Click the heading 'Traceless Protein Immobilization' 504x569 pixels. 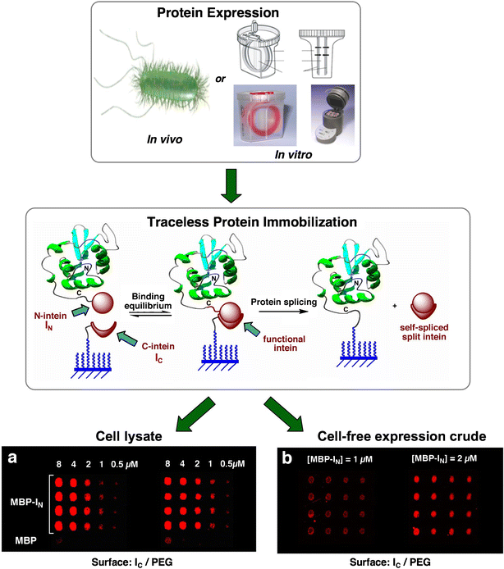[x=251, y=223]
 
